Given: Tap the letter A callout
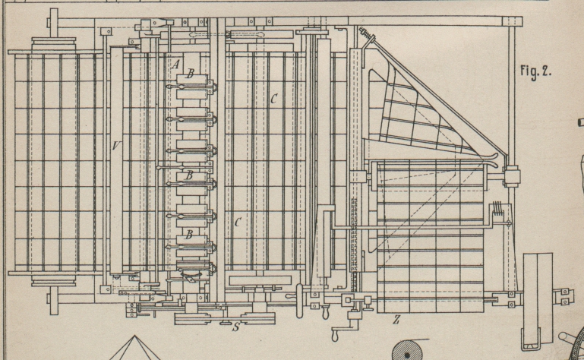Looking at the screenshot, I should [x=175, y=65].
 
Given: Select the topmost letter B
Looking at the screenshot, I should [x=191, y=73].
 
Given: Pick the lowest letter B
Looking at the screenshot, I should [x=187, y=236].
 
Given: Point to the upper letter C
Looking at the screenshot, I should [x=273, y=99].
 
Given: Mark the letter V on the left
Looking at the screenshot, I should [x=114, y=146].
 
